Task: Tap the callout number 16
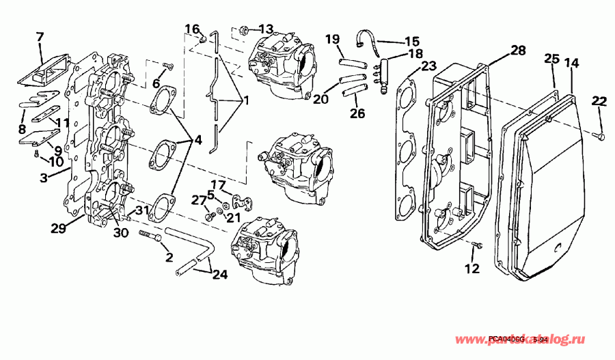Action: coord(193,29)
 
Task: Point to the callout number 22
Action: coord(599,102)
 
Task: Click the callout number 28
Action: coord(518,51)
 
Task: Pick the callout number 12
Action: coord(473,268)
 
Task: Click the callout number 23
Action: coord(428,66)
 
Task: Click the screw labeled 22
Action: coord(599,137)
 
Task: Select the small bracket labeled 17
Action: coord(241,202)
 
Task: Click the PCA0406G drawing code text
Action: coord(508,340)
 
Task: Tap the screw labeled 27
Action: coord(210,216)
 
